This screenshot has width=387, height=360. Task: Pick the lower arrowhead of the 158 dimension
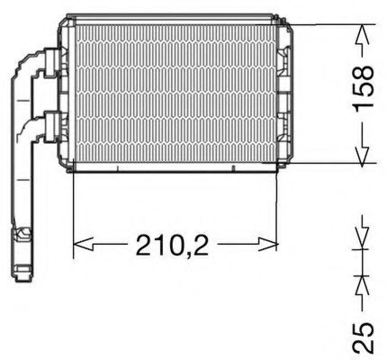[363, 155]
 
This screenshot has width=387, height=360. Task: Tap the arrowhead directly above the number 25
[363, 283]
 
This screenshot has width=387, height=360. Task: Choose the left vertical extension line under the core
[71, 211]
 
